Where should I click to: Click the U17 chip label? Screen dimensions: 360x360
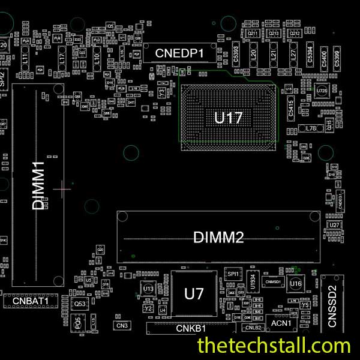point(228,118)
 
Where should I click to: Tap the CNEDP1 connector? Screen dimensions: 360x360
point(180,53)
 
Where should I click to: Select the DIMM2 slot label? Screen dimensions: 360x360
point(218,238)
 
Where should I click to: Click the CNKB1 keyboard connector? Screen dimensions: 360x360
point(191,329)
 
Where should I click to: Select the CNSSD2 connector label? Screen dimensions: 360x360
point(332,306)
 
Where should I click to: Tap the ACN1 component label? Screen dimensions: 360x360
point(281,323)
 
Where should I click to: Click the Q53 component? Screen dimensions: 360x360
point(80,305)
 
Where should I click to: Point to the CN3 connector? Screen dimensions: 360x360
point(122,325)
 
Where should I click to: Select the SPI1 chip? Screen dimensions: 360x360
point(233,274)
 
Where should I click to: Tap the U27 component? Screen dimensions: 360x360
point(335,224)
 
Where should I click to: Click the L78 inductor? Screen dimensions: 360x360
point(311,128)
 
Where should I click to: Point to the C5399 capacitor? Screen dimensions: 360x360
point(337,58)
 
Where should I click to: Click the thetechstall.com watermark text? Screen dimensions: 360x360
point(274,346)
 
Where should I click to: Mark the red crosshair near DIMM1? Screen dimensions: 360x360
point(62,189)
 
